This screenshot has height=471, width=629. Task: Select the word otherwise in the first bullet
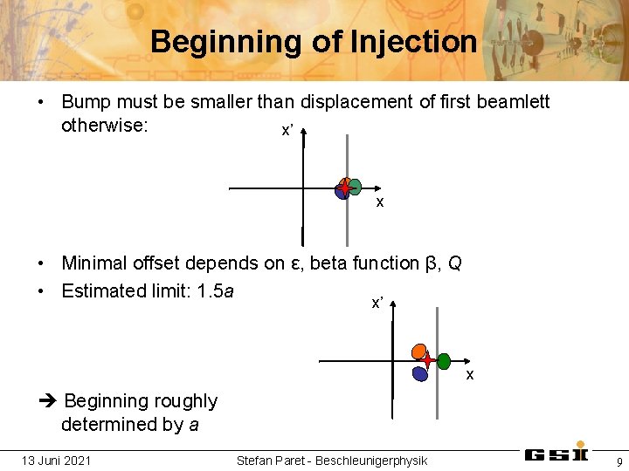click(x=104, y=125)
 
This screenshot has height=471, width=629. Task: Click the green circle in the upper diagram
click(x=355, y=186)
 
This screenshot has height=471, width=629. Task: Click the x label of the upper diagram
click(x=380, y=202)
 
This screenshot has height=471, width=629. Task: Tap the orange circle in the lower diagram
click(x=420, y=351)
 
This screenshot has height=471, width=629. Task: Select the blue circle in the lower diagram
click(x=420, y=373)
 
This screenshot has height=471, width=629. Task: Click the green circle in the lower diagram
click(x=444, y=361)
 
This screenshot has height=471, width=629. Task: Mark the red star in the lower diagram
click(x=427, y=360)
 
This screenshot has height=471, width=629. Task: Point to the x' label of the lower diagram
click(x=377, y=303)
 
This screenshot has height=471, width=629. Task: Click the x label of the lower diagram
click(x=470, y=374)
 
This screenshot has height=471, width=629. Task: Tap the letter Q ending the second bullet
click(x=454, y=263)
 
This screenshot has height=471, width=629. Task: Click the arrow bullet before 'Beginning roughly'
click(x=47, y=401)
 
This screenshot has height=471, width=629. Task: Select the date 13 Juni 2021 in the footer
click(x=57, y=460)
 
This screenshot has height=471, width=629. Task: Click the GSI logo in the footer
click(x=556, y=454)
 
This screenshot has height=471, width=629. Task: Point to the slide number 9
click(x=619, y=461)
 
